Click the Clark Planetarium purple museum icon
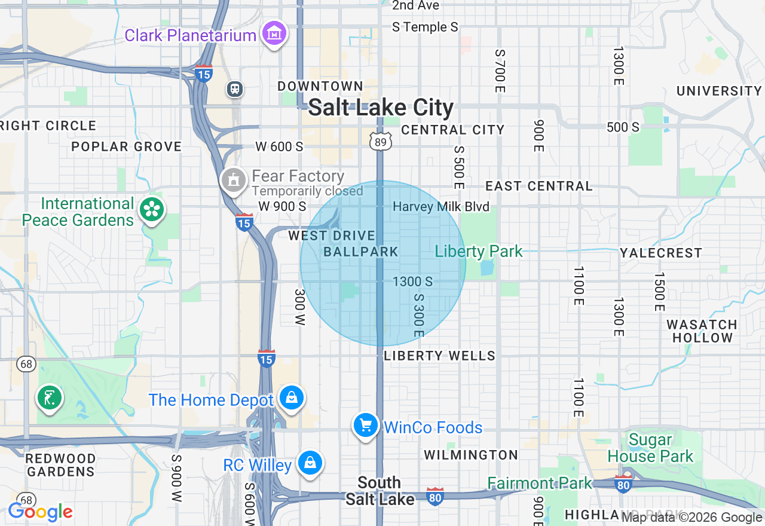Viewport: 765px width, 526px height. click(274, 33)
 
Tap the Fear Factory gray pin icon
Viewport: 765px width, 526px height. click(233, 179)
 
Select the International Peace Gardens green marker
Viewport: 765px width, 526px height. click(152, 209)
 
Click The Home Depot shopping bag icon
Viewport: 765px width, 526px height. click(291, 397)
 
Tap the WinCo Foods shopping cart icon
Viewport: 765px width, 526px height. click(365, 425)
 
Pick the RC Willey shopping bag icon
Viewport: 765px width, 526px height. click(310, 463)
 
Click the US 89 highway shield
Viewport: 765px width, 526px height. click(380, 141)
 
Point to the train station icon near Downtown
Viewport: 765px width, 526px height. click(235, 89)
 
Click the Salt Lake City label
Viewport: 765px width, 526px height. click(381, 108)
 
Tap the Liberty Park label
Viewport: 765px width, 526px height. click(479, 251)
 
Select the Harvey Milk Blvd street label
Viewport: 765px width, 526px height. click(441, 207)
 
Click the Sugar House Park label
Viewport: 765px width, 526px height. click(650, 448)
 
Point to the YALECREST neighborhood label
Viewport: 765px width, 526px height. click(660, 253)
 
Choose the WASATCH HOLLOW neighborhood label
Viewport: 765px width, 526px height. click(702, 331)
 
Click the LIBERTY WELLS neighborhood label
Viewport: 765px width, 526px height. click(439, 356)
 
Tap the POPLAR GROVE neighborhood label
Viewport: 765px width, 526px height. click(126, 146)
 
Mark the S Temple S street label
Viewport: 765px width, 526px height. click(425, 27)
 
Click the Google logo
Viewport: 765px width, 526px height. click(40, 512)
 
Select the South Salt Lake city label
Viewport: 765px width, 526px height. click(380, 491)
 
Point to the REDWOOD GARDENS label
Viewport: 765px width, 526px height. click(60, 465)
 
